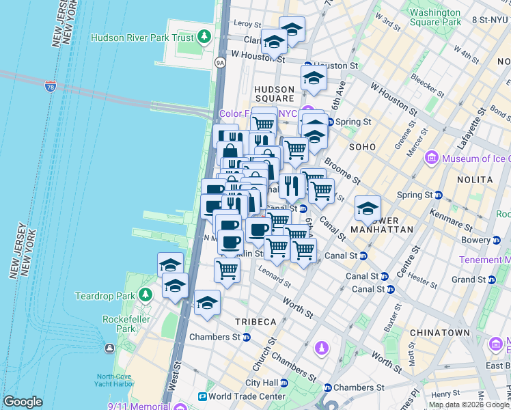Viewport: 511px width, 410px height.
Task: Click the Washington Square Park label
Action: (435, 17)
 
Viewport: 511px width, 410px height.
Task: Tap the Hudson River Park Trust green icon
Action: (206, 38)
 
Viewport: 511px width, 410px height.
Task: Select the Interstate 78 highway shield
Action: (50, 86)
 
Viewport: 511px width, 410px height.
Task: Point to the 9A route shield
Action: (220, 63)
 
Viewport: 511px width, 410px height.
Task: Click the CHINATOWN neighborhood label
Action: (439, 333)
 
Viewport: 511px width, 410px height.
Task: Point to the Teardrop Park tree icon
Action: (145, 295)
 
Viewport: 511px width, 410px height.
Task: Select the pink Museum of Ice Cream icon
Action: (431, 159)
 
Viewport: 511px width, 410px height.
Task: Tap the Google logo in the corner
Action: (23, 402)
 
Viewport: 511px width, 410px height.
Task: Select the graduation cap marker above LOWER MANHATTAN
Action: (368, 208)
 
